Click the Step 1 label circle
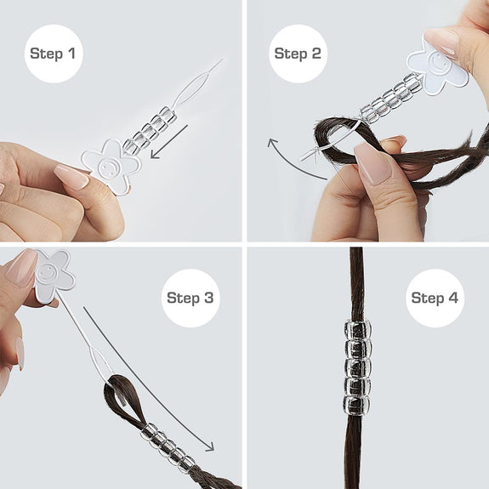coord(54,54)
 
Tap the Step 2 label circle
coord(298,54)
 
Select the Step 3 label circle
coord(190,298)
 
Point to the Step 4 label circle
coord(435,298)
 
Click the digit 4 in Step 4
coord(452,298)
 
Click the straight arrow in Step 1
coord(168,142)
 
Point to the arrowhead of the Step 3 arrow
coord(209,446)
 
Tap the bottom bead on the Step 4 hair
coord(357,405)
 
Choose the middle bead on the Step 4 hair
coord(358,367)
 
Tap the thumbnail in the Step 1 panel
coord(71,175)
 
